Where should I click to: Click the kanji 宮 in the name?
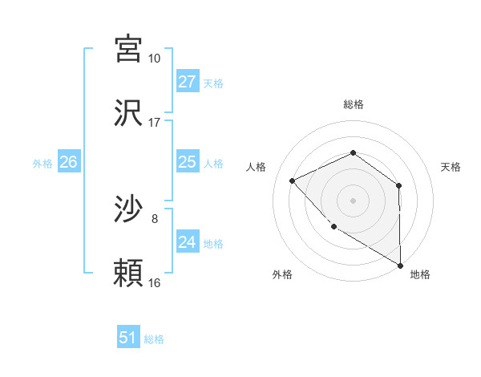coord(129,49)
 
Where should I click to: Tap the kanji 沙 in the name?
coord(129,209)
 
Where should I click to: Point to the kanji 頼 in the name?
coord(129,274)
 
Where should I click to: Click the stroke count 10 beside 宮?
coord(154,59)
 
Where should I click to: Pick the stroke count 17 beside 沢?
coord(154,123)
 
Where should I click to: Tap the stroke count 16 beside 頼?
coord(154,283)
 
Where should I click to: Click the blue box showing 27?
coord(187,82)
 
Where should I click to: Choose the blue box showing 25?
coord(187,162)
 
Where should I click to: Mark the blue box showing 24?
coord(187,242)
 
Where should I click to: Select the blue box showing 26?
coord(68,162)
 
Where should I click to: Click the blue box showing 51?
coord(127,338)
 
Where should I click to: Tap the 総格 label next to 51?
coord(154,339)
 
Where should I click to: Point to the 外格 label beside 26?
coord(42,164)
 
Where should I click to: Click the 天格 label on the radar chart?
coord(451,167)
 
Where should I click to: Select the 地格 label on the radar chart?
coord(420,274)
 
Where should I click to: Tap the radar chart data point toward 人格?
coord(293,180)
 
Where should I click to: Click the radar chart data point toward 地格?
coord(400,265)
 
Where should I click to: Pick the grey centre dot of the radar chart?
coord(353,200)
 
